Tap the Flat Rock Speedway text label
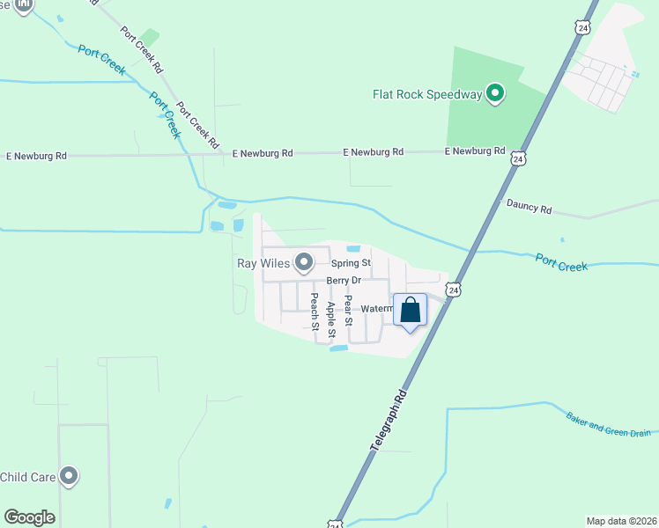click(427, 94)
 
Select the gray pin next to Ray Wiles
click(304, 262)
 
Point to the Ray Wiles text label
click(262, 262)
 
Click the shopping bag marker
click(410, 311)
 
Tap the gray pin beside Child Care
click(69, 477)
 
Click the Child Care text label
click(28, 477)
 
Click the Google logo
click(29, 517)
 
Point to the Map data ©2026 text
click(620, 521)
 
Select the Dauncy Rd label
click(529, 209)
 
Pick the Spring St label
click(351, 263)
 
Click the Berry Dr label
click(344, 281)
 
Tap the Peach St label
click(314, 312)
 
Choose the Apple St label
click(331, 319)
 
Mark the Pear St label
click(348, 310)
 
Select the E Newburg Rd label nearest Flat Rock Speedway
click(475, 151)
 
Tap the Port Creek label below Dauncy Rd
click(561, 261)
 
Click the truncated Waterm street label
click(376, 309)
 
